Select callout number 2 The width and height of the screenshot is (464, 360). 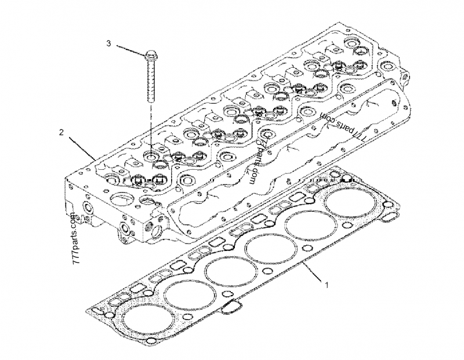[x=61, y=133]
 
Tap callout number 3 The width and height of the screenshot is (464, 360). [x=108, y=43]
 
